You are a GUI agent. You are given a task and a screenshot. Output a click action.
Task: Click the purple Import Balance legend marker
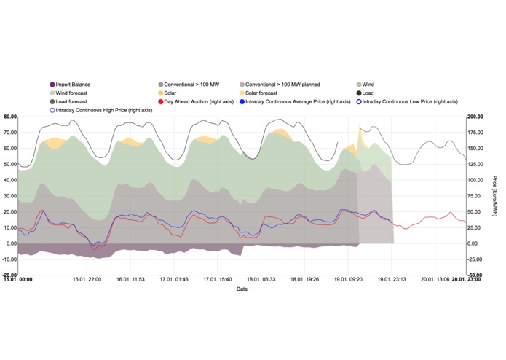52,85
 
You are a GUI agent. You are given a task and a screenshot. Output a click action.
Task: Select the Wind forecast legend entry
68,93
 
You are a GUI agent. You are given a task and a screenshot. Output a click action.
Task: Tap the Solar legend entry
167,93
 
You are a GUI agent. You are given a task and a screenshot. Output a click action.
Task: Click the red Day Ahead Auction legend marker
161,102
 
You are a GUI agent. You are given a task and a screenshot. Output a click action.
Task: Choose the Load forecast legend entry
68,102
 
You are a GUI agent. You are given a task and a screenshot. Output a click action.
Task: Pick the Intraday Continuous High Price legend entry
101,111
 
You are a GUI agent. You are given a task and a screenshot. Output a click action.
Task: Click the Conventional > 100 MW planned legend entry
280,85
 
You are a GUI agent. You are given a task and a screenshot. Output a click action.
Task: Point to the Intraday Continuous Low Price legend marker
359,102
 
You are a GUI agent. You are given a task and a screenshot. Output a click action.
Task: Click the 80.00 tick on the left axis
10,117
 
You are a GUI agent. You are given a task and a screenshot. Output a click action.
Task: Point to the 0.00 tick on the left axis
12,244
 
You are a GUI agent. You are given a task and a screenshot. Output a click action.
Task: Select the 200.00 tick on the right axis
475,117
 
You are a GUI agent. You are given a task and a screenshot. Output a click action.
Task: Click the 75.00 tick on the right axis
474,196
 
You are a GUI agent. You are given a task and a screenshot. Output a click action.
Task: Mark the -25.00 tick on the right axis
475,259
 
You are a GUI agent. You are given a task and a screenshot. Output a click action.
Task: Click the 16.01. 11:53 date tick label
130,279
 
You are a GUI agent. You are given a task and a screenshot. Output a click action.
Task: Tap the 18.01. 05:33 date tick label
261,279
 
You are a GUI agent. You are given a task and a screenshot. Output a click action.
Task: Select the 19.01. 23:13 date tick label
392,279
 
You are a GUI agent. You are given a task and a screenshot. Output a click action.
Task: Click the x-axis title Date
242,289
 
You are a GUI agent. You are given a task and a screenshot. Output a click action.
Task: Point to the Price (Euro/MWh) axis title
495,196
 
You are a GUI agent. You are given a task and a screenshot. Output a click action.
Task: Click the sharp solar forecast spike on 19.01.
360,127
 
